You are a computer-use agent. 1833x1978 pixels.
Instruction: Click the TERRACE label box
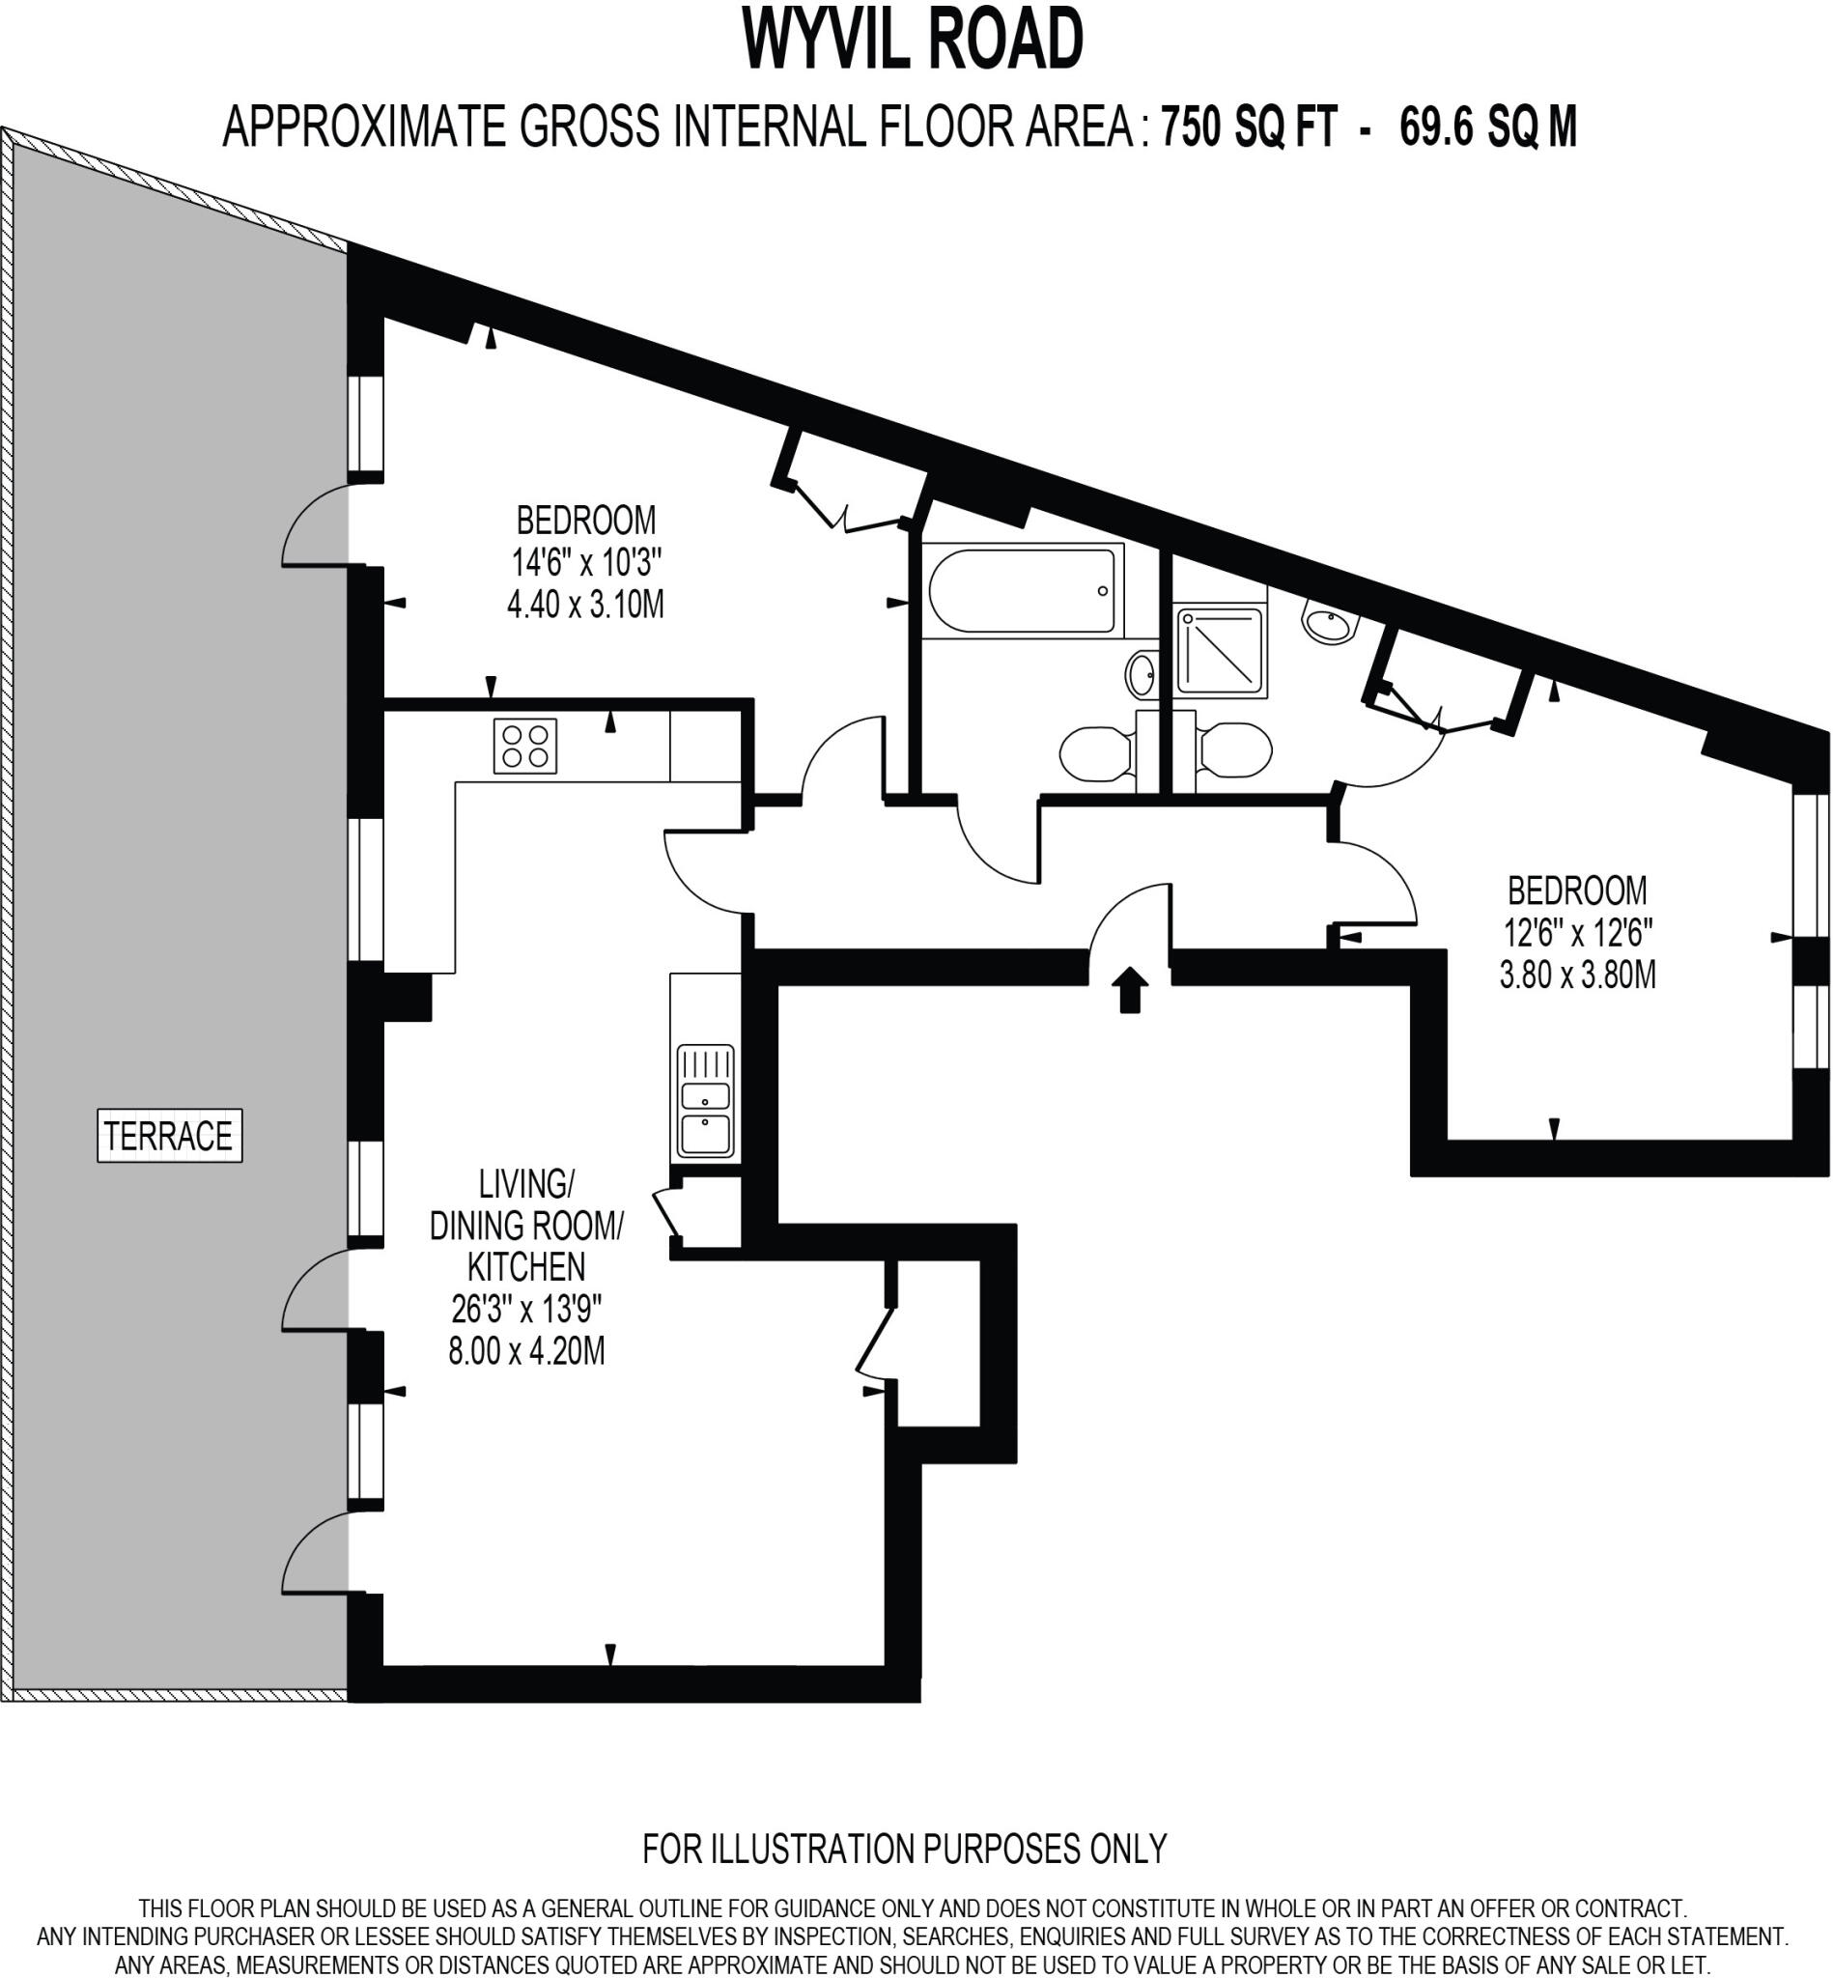[x=170, y=1136]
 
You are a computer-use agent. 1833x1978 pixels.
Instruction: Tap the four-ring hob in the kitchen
[x=524, y=746]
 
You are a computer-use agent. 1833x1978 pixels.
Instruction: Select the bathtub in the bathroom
[x=1022, y=591]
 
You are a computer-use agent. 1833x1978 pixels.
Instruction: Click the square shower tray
[x=1221, y=652]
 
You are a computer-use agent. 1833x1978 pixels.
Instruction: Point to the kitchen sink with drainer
[x=705, y=1102]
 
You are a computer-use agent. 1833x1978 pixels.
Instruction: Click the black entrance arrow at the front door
[x=1130, y=990]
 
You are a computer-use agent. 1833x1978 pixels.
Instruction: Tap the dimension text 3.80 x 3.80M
[x=1577, y=975]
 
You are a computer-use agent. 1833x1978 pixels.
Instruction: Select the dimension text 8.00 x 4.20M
[x=525, y=1351]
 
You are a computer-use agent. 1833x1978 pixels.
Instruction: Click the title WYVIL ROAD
[x=914, y=40]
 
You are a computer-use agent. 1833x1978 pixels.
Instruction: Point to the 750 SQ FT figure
[x=1249, y=127]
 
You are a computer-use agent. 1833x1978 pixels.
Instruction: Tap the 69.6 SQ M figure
[x=1487, y=127]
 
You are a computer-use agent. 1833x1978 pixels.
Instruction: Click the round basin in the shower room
[x=1329, y=623]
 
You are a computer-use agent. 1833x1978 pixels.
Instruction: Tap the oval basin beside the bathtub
[x=1142, y=675]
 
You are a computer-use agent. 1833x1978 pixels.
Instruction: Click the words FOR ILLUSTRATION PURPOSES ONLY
[x=905, y=1849]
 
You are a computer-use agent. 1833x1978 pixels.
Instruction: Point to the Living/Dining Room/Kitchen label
[x=525, y=1225]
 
